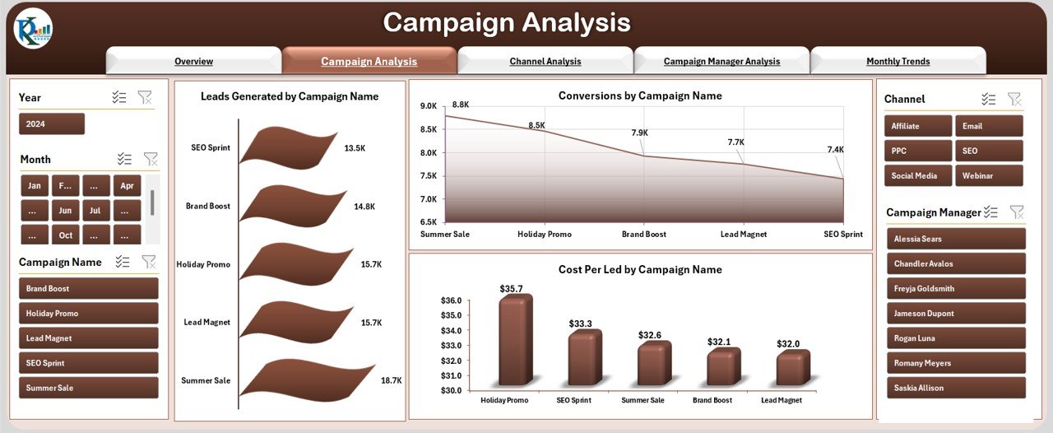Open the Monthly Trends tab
click(898, 61)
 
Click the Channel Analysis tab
click(545, 61)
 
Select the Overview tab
click(193, 61)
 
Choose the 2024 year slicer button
click(51, 123)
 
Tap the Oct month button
click(65, 235)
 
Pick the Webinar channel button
click(988, 175)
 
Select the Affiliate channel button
click(918, 126)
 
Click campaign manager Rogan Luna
click(955, 338)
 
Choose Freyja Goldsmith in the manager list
click(955, 289)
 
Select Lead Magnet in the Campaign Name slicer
click(88, 338)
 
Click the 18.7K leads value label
click(392, 380)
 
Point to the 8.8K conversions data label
click(461, 105)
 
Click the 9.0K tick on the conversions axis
click(428, 106)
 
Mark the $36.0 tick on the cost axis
click(452, 300)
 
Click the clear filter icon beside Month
click(151, 159)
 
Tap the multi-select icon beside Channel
click(988, 99)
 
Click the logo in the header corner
click(33, 30)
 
